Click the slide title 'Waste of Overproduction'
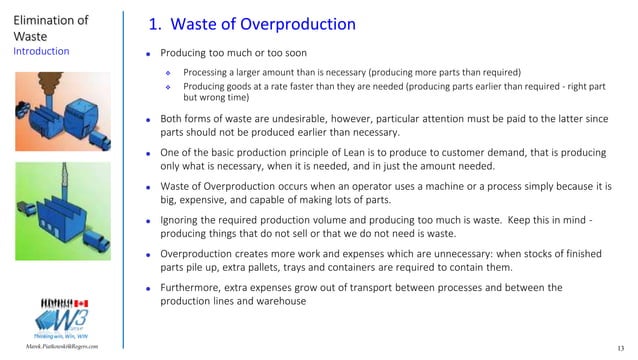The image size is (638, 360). pos(256,24)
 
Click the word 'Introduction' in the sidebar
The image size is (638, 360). pos(42,48)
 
